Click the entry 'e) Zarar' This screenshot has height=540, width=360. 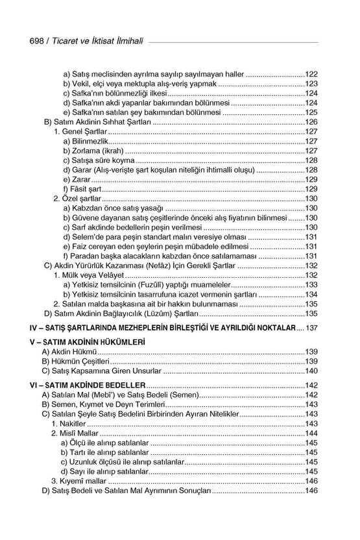78,178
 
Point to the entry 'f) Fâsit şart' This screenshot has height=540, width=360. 83,188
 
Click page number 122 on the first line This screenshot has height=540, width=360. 311,74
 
